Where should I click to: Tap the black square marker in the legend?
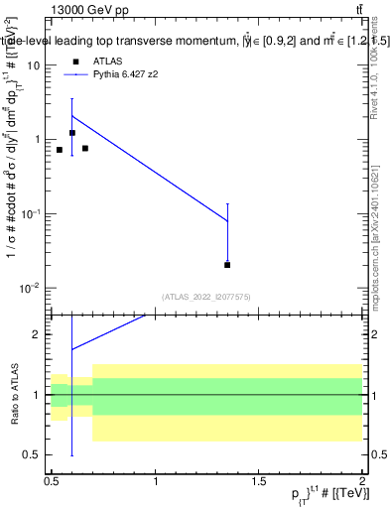pos(74,62)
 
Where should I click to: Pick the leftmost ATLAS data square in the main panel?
pos(60,150)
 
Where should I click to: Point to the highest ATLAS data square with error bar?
pos(72,133)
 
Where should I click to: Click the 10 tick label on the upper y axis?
pos(33,65)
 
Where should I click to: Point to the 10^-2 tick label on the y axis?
pos(30,288)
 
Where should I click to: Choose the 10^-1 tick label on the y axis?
pos(30,213)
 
